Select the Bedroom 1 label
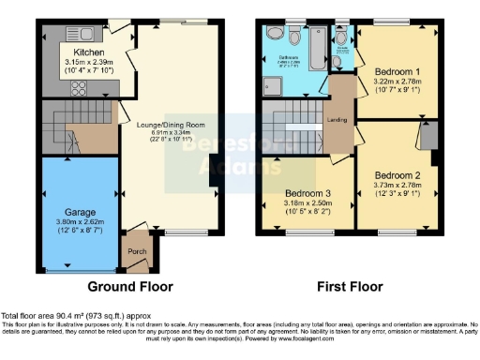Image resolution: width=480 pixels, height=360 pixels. point(398,71)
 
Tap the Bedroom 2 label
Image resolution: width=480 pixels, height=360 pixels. point(398,174)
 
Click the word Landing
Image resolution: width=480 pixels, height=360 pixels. point(337,119)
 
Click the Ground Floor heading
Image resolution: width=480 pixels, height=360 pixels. point(128,286)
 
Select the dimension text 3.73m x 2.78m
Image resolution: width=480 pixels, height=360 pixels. point(398,186)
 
